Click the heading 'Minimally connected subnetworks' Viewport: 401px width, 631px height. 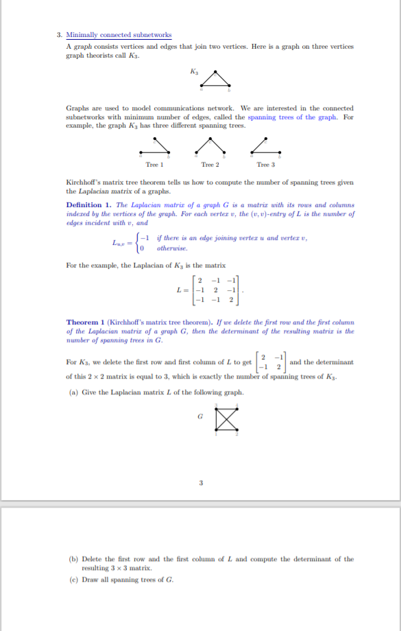119,35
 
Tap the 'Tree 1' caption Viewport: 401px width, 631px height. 154,165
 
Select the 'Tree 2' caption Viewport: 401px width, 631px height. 210,165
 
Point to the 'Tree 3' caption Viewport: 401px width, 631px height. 265,165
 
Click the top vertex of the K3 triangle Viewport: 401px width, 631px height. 216,72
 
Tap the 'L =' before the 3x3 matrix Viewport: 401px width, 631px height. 180,290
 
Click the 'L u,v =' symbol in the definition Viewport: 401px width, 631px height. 123,242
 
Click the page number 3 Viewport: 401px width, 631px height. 201,482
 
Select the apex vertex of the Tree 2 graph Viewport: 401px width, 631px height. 210,143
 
